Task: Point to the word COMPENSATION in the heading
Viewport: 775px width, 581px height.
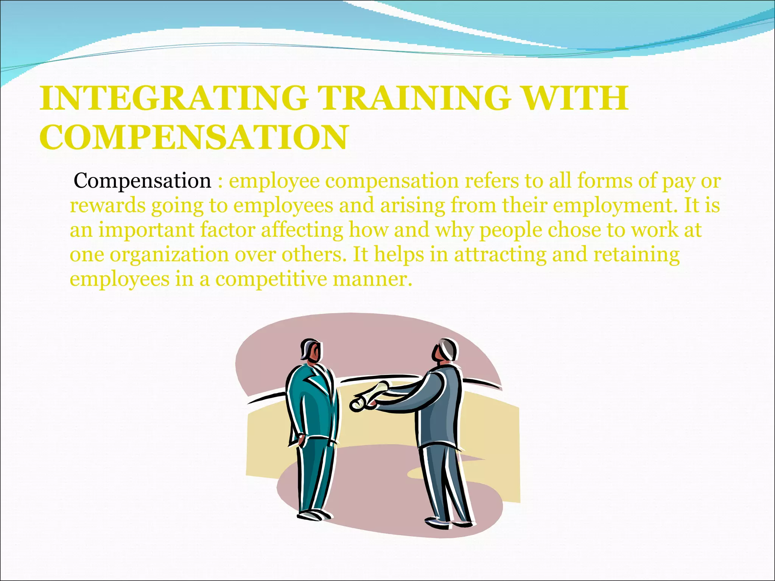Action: click(x=193, y=137)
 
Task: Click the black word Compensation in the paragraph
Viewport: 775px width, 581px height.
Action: click(x=142, y=181)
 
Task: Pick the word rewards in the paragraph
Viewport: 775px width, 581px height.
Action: click(x=107, y=206)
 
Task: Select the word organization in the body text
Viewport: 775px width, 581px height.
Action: click(x=169, y=255)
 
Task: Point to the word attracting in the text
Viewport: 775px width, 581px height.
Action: click(x=500, y=255)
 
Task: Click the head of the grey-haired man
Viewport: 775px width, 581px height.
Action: click(x=446, y=350)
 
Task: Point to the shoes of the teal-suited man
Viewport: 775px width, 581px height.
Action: click(x=314, y=516)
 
